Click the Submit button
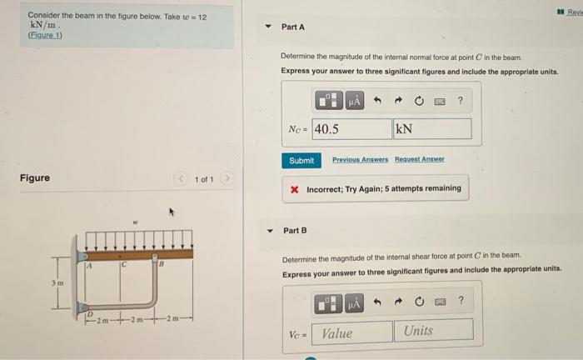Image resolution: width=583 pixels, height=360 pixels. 301,161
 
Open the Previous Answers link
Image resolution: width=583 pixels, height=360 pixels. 360,159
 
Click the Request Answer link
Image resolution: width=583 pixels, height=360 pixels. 420,159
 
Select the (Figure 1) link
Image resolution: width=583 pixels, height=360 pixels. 45,35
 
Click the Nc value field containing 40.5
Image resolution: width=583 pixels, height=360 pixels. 351,129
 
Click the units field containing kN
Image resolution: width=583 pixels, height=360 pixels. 432,128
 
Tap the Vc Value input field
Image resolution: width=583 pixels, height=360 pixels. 351,332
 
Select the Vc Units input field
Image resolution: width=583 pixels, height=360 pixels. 434,330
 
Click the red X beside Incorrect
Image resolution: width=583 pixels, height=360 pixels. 295,190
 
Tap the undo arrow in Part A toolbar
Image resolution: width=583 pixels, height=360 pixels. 377,100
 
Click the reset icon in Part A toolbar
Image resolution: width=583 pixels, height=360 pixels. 419,101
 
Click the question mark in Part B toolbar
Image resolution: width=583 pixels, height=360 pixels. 461,300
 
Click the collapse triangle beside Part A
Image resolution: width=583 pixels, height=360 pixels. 268,27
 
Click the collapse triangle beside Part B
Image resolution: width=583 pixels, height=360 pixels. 270,231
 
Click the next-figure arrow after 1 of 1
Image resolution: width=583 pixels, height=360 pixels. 227,178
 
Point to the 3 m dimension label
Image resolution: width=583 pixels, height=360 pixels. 57,283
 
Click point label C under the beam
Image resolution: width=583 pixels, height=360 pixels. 124,265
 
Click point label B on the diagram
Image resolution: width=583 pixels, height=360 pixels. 161,264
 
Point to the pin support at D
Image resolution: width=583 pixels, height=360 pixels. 83,308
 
